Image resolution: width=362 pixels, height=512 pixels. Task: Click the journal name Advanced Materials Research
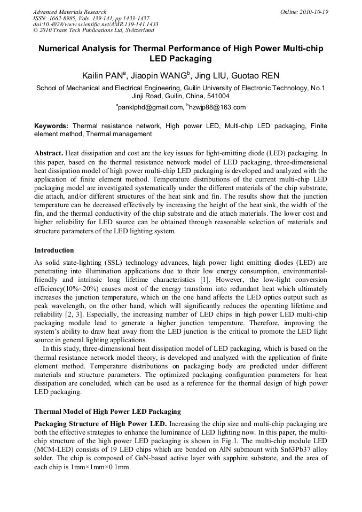point(69,12)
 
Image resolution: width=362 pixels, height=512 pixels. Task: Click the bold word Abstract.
point(49,153)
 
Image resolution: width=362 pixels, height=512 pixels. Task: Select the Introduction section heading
point(54,250)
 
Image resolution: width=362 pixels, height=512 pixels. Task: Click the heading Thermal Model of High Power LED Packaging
point(107,412)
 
